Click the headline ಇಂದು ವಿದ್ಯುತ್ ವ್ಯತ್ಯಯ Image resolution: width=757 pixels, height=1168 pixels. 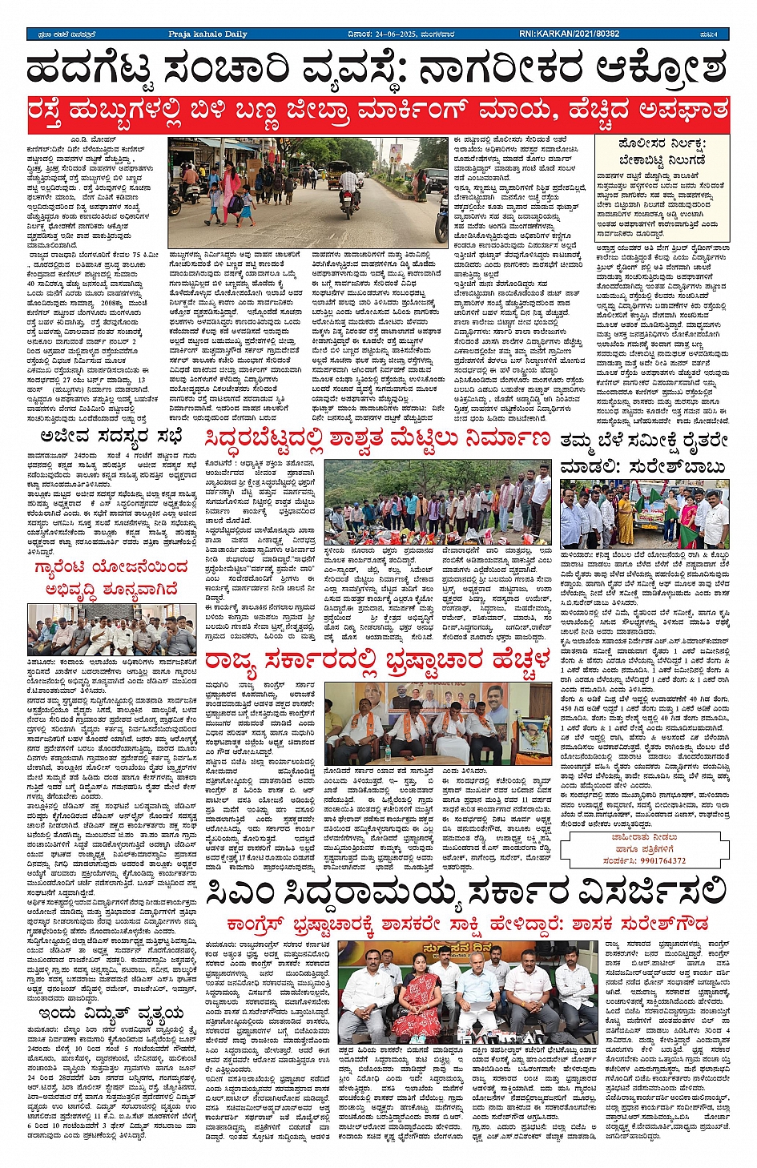(x=110, y=1013)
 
